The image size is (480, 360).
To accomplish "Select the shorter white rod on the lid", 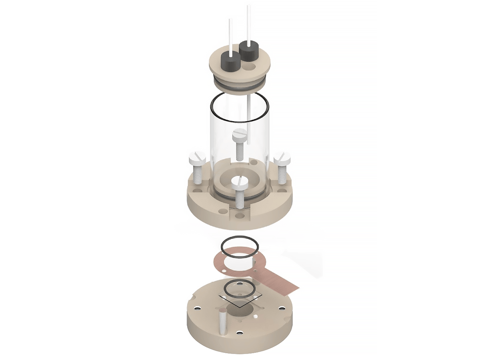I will click(230, 34).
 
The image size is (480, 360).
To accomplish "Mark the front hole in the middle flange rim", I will click(240, 216).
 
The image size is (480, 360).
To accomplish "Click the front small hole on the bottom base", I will click(240, 332).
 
